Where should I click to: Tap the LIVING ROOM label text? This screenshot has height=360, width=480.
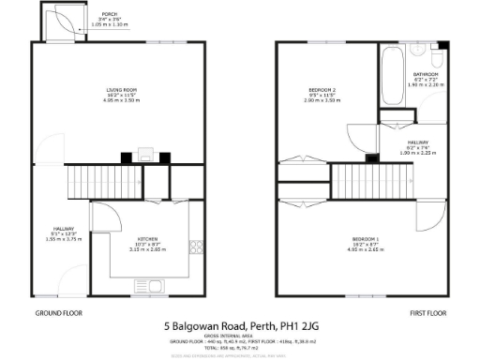(x=118, y=90)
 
